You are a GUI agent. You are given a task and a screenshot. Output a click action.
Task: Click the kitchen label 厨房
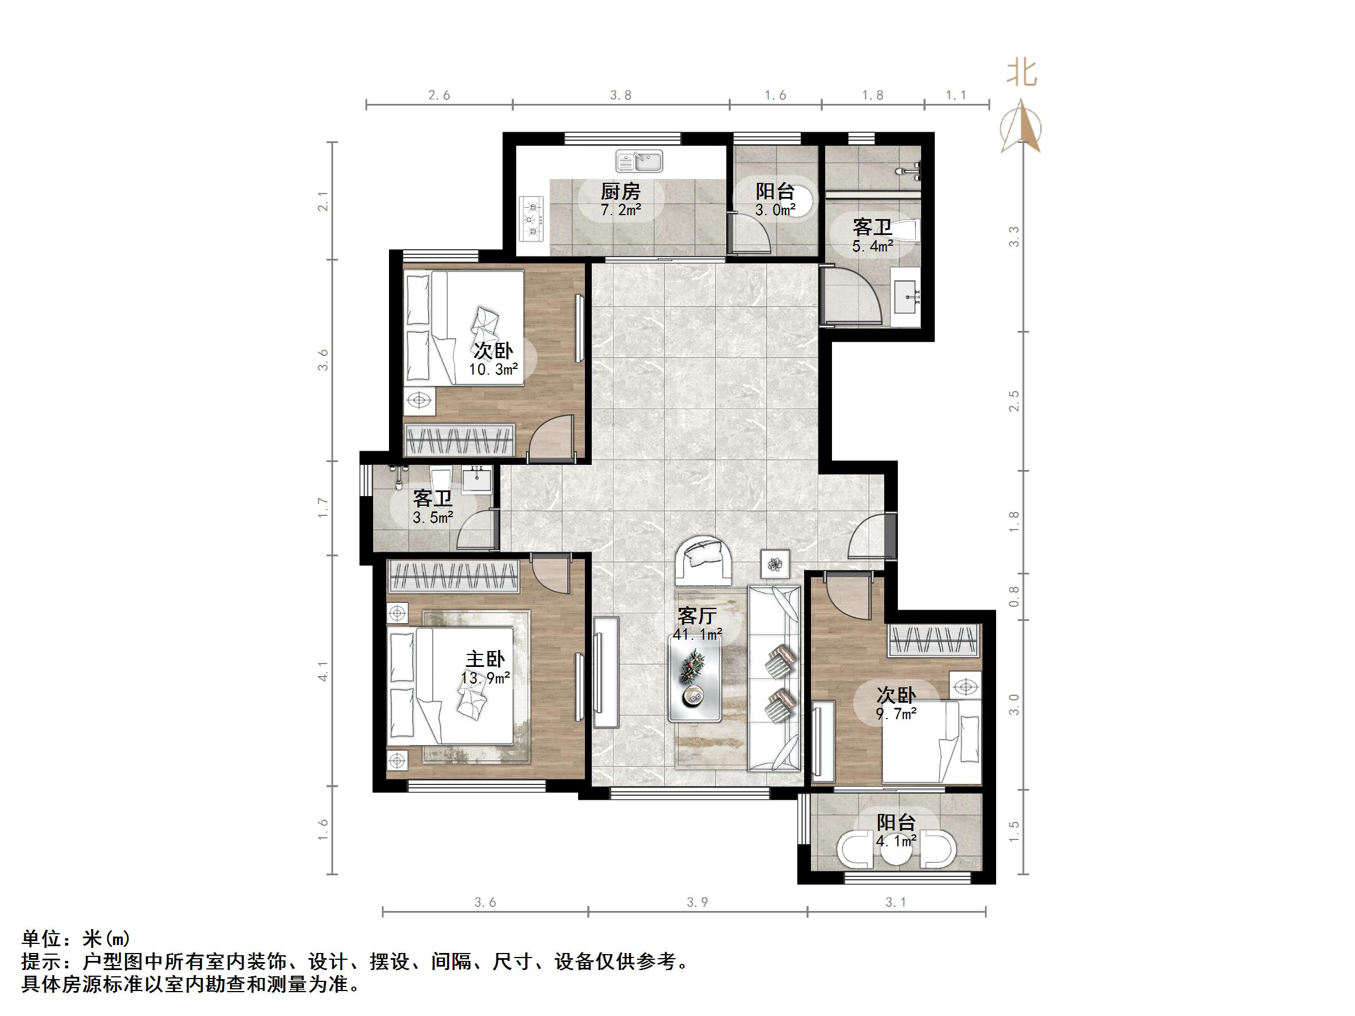pos(620,192)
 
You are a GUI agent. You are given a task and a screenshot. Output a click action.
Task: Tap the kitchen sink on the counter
pos(639,162)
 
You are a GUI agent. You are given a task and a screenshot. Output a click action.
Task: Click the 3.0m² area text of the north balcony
pos(775,210)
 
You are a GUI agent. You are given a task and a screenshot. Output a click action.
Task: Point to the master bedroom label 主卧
pos(485,660)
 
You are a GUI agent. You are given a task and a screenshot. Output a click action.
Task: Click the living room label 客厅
pos(696,615)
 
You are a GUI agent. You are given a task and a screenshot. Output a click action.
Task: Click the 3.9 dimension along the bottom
pos(697,902)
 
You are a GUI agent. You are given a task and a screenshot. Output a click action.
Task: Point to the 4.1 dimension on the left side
pos(323,671)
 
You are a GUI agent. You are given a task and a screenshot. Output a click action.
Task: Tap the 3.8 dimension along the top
pos(621,95)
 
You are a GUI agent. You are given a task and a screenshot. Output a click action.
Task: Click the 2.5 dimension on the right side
pos(1014,401)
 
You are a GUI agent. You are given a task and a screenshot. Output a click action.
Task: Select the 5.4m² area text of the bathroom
pos(872,247)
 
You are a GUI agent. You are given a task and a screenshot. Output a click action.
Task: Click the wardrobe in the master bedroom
pos(453,576)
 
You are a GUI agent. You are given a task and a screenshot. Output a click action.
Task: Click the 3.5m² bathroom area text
pos(433,518)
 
